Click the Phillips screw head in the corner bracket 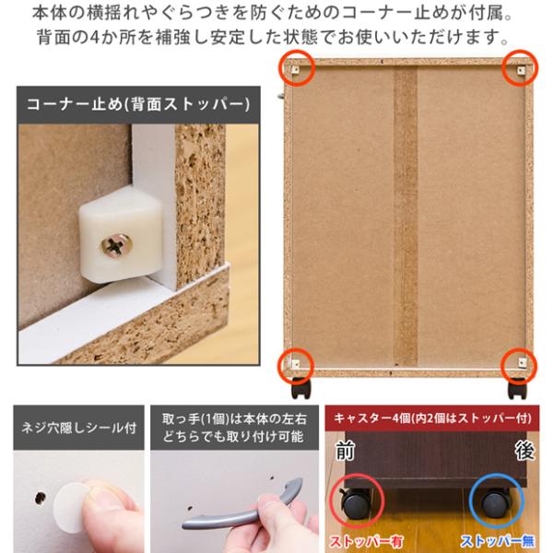pos(116,245)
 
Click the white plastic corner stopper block pos(121,234)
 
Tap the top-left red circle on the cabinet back pos(297,68)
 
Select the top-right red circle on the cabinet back pos(520,68)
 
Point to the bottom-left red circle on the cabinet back pos(296,366)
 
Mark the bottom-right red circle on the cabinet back pos(519,366)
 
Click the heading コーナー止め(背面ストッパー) pos(138,104)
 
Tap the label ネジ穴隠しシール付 pos(79,428)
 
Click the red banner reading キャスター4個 pos(432,418)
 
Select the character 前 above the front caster pos(345,451)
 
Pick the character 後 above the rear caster pos(524,451)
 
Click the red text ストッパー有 pos(366,541)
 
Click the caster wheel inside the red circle pos(356,503)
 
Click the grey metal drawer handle pos(242,507)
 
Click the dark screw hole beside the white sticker pos(41,498)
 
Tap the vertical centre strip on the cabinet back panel pos(406,216)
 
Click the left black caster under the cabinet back pos(302,388)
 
